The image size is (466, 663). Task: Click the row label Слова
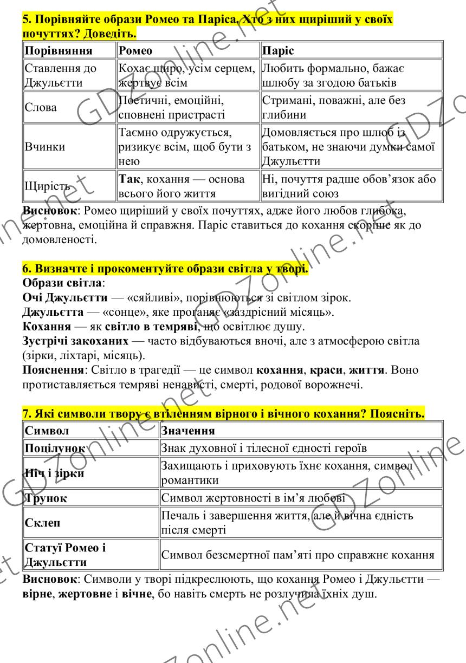(41, 108)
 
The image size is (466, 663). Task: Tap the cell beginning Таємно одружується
(187, 147)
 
